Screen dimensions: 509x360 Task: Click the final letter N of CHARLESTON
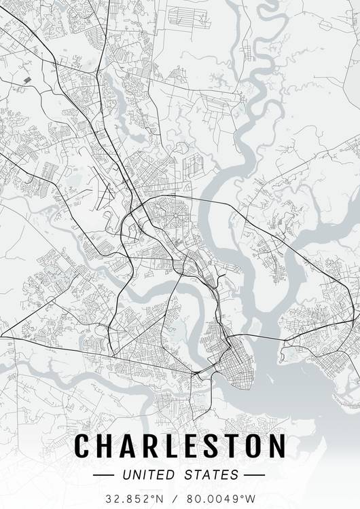276,446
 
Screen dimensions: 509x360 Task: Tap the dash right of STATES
254,474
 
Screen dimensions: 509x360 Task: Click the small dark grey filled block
27,80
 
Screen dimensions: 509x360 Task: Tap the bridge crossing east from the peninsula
262,337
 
